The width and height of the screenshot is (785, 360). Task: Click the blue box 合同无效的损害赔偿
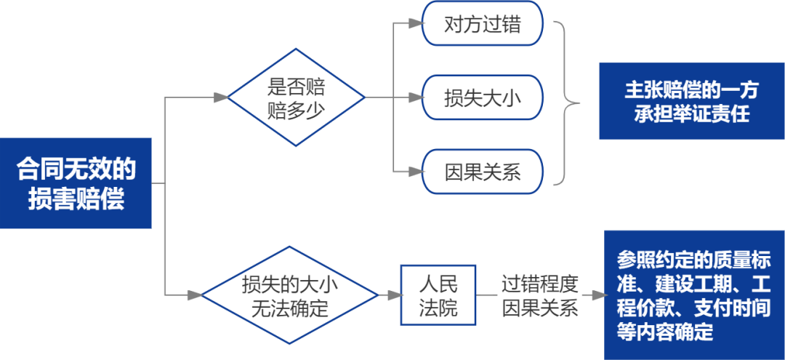click(x=76, y=183)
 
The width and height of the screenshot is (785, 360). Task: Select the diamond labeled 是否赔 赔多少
click(x=297, y=98)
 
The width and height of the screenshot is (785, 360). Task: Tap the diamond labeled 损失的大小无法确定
click(x=289, y=295)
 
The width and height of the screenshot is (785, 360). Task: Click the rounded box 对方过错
click(x=483, y=24)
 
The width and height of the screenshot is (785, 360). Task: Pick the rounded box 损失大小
click(x=483, y=98)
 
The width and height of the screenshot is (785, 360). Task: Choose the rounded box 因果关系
click(x=483, y=172)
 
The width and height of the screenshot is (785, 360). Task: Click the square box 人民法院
click(x=438, y=295)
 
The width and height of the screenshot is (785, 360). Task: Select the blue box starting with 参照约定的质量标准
click(x=694, y=295)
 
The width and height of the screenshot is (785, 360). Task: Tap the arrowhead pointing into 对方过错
click(x=415, y=24)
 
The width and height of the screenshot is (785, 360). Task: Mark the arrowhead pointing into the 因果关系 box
click(x=415, y=172)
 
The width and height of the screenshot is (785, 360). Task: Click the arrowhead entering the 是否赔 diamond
click(x=220, y=98)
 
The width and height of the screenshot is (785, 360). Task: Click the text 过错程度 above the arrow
click(x=539, y=282)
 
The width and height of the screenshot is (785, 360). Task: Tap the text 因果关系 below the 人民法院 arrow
click(x=539, y=308)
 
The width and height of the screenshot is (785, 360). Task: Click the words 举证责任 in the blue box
click(x=720, y=113)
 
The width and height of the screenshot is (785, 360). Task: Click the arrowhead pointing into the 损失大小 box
click(x=415, y=98)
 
